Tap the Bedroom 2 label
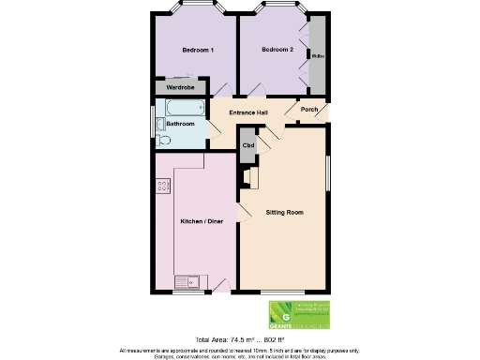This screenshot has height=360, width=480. [277, 49]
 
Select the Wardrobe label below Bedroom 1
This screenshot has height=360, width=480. [179, 87]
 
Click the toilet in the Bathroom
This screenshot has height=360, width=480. [165, 140]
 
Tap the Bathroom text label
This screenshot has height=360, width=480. [181, 124]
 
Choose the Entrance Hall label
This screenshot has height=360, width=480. [249, 113]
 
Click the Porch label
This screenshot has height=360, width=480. [309, 109]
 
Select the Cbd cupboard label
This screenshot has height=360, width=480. [248, 145]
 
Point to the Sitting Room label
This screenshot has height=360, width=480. [285, 213]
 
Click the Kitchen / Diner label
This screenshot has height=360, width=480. [202, 221]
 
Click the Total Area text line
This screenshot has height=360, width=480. [239, 338]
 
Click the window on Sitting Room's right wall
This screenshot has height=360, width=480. [329, 175]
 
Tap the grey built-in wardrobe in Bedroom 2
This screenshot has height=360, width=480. [319, 56]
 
